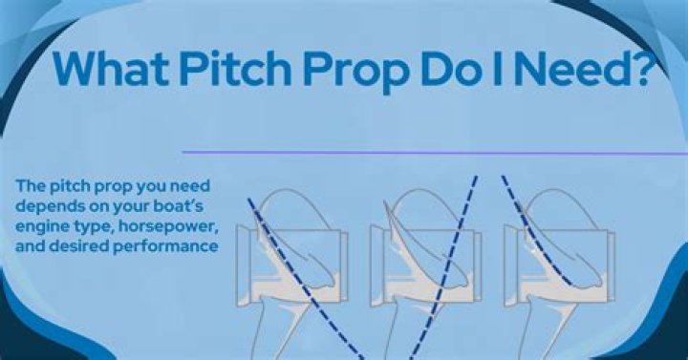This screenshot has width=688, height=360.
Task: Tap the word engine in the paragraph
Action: pos(41,228)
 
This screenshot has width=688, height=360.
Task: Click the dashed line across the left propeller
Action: pos(304,283)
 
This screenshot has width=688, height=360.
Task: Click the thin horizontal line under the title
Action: pos(430,152)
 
